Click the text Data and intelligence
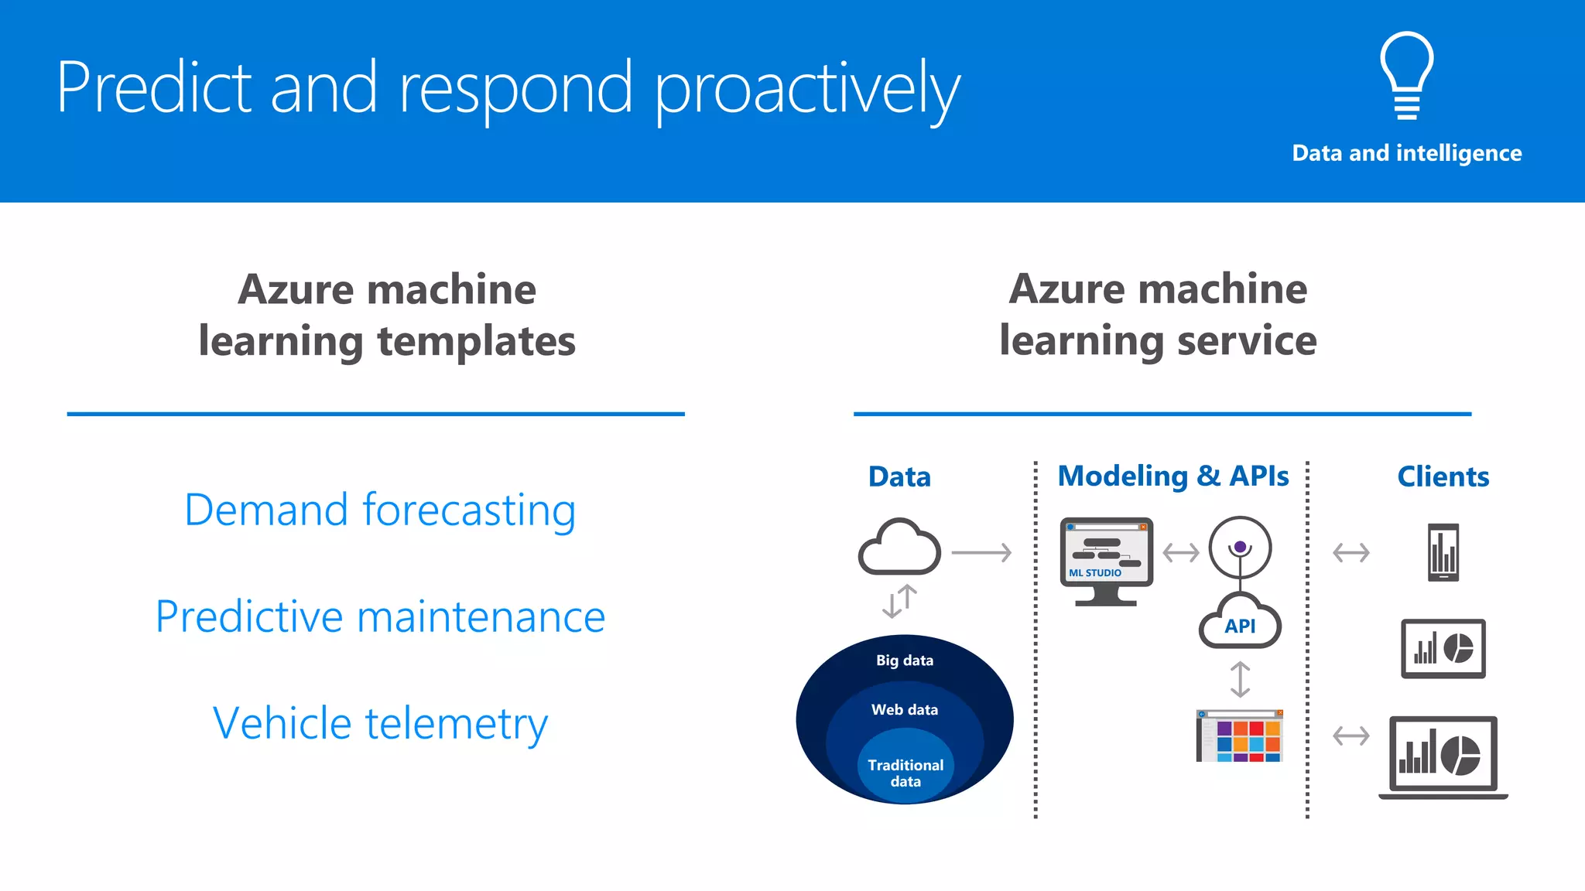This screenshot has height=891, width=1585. tap(1406, 153)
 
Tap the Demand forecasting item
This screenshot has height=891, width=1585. tap(380, 510)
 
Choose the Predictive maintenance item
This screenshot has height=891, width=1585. tap(380, 617)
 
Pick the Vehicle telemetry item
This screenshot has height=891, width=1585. tap(380, 724)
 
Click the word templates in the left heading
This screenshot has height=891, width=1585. tap(476, 341)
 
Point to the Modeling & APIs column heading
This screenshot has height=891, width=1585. tap(1172, 476)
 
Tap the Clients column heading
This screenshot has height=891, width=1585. tap(1443, 476)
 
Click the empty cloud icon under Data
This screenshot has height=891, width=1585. tap(899, 548)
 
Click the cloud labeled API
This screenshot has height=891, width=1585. tap(1240, 623)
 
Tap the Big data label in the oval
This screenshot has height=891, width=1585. tap(904, 661)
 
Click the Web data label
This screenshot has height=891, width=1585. tap(904, 709)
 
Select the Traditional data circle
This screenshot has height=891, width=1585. tap(905, 772)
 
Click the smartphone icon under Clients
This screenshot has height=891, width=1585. tap(1443, 552)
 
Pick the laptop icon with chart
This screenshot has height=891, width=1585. tap(1443, 756)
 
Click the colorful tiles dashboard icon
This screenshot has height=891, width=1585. tap(1240, 736)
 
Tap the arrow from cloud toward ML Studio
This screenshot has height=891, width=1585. tap(981, 553)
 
